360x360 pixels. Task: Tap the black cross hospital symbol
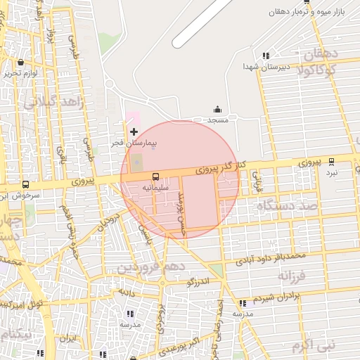[134, 131]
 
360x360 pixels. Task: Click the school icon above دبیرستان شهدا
[265, 56]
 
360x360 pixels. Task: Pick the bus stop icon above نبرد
[331, 162]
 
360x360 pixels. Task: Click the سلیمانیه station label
[155, 188]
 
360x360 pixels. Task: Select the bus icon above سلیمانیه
[155, 176]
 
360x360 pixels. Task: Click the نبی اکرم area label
[314, 345]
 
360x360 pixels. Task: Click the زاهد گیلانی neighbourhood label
[54, 103]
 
